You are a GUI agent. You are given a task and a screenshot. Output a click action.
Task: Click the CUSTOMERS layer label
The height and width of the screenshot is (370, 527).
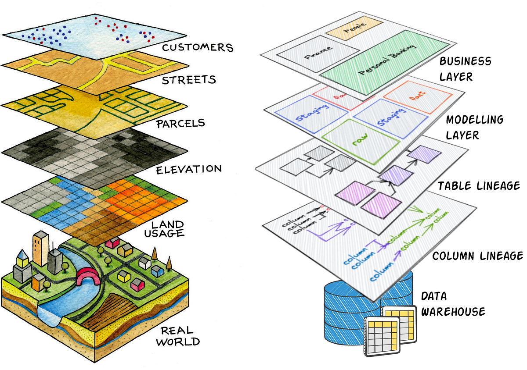(x=197, y=47)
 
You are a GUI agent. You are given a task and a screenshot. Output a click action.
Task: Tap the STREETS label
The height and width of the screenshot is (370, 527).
(x=189, y=80)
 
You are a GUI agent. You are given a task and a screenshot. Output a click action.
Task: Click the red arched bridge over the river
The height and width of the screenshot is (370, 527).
(x=89, y=277)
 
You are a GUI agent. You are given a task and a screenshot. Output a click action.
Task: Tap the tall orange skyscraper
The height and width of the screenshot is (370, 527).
(x=40, y=248)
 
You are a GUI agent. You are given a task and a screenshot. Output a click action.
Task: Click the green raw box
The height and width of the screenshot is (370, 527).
(x=361, y=140)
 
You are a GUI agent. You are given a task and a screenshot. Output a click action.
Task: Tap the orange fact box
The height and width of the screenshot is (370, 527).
(x=417, y=95)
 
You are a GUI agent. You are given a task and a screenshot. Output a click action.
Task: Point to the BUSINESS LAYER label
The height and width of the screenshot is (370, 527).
(x=465, y=68)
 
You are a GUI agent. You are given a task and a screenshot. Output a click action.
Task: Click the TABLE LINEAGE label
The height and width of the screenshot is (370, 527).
(x=479, y=186)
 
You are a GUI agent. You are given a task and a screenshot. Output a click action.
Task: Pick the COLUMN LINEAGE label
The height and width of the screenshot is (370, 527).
(x=477, y=256)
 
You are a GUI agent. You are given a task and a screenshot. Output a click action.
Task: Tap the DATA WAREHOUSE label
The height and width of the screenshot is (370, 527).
(x=453, y=304)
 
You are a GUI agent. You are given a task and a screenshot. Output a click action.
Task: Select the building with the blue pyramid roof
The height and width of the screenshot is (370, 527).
(x=22, y=267)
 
